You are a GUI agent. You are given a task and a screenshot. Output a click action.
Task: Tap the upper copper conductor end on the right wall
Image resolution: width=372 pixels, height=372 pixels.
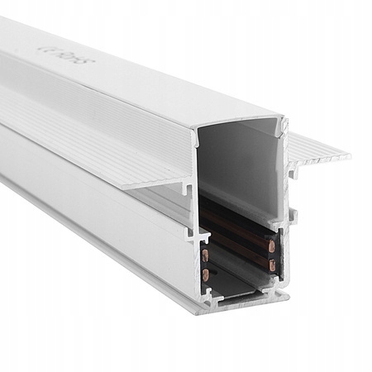(x=269, y=246)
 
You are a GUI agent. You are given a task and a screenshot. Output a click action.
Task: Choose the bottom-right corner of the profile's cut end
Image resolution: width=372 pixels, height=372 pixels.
(x=284, y=294)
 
